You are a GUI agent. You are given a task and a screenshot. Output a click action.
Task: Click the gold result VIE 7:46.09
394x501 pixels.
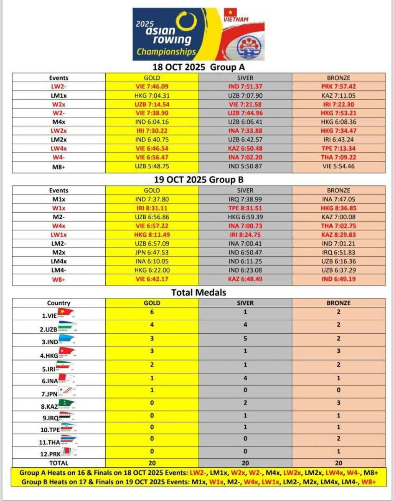152,86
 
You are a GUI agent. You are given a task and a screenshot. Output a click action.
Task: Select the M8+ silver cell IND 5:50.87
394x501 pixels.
245,166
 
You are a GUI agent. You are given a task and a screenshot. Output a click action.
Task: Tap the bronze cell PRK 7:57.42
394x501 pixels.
338,86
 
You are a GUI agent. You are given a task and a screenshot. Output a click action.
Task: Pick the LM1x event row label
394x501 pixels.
58,95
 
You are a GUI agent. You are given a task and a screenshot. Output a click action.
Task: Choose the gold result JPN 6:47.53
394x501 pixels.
152,253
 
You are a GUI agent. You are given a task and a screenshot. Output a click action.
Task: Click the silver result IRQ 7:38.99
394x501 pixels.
245,199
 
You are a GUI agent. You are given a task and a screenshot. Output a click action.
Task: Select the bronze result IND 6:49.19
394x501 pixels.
338,279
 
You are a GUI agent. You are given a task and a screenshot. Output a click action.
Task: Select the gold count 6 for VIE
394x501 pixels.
152,311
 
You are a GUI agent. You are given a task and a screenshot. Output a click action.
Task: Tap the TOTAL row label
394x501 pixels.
58,463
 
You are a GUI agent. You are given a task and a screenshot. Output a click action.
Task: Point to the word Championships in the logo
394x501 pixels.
166,52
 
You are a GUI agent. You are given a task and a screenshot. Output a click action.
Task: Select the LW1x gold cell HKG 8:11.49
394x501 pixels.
152,235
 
